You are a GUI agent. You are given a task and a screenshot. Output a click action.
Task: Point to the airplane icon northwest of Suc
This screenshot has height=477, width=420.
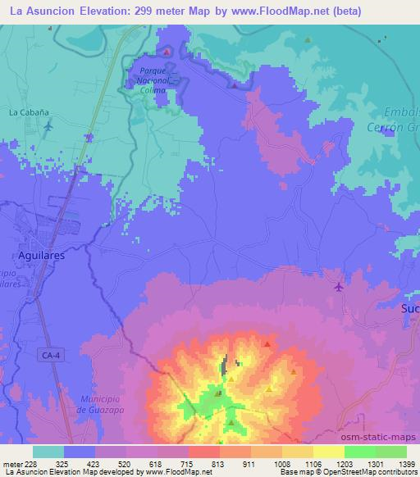pyautogui.click(x=340, y=286)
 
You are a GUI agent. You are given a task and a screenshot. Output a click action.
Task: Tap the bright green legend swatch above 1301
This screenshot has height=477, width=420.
pyautogui.click(x=359, y=452)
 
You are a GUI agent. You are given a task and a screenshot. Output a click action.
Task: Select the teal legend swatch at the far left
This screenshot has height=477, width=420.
pyautogui.click(x=48, y=452)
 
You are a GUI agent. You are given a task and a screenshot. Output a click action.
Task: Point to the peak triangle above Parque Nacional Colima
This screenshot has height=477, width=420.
pyautogui.click(x=167, y=52)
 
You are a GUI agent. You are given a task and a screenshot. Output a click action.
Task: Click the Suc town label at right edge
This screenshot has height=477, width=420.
pyautogui.click(x=409, y=309)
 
